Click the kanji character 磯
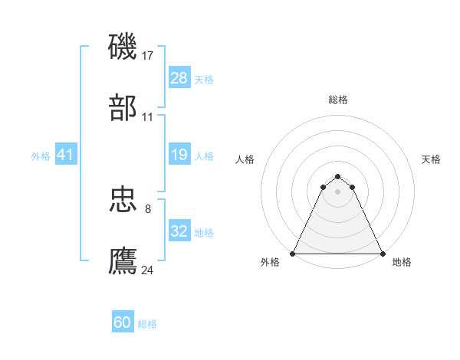point(123,47)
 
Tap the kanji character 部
point(123,109)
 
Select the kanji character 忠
point(123,201)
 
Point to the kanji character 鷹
point(123,260)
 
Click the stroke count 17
point(148,55)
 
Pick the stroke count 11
point(148,117)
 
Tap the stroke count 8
point(148,208)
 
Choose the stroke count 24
point(148,270)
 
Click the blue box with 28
point(179,78)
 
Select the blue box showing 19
point(179,155)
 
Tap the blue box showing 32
point(179,231)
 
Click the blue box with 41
point(66,155)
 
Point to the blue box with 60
point(123,322)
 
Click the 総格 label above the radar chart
point(338,100)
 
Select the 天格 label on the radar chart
point(431,159)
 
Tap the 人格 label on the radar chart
point(245,159)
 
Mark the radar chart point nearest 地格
point(382,254)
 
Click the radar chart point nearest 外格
point(293,254)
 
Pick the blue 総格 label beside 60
point(147,324)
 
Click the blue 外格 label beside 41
point(41,156)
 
